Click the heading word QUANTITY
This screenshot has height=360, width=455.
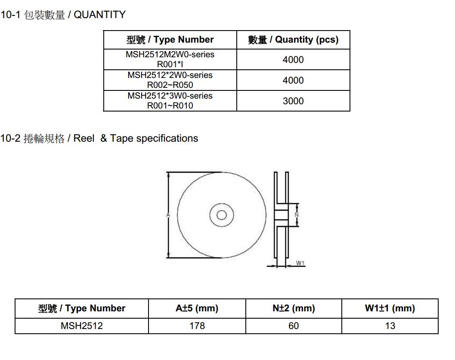99,15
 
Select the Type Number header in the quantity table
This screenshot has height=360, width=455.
170,40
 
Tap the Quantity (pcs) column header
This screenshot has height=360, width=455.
294,40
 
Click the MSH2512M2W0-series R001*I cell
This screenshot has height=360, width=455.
170,59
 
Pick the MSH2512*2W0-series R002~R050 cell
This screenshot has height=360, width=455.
170,80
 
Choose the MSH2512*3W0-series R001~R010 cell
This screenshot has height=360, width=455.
170,100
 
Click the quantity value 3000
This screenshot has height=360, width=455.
293,101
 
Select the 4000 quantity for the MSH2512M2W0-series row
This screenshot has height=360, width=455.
293,59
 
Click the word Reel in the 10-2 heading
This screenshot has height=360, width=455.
84,138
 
